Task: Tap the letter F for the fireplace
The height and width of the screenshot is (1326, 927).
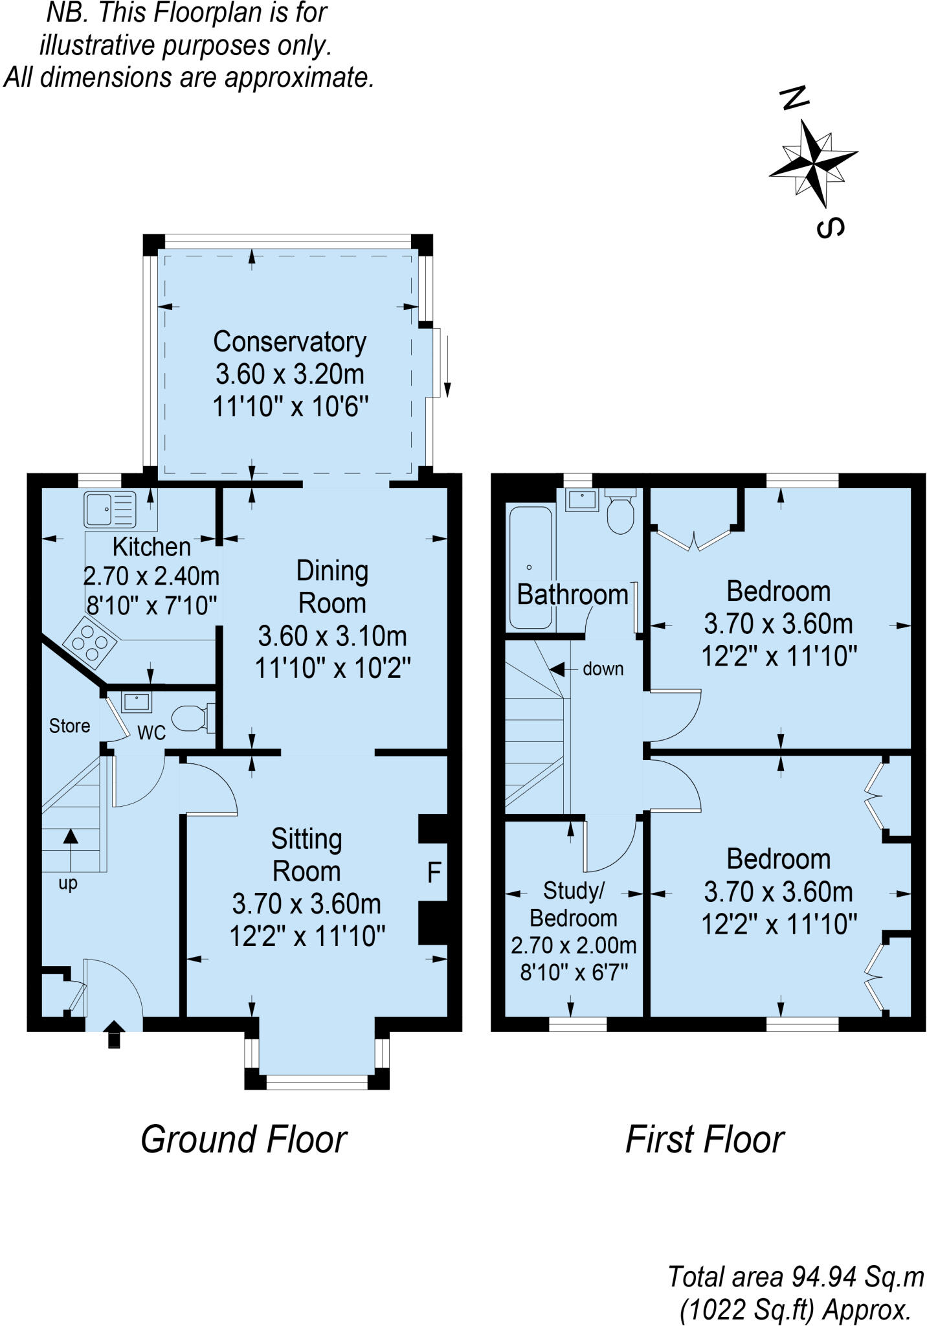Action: pos(434,873)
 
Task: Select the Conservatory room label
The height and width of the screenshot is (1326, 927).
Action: pos(289,341)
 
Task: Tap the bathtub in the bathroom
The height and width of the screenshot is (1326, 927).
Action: pos(530,568)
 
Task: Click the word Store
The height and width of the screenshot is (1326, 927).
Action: pos(69,726)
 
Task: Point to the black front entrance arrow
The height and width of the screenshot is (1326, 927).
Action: pos(114,1034)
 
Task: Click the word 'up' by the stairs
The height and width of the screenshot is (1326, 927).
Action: pos(68,884)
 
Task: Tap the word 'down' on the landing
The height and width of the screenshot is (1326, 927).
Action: pos(603,669)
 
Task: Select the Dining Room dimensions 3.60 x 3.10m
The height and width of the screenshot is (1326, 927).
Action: pos(333,636)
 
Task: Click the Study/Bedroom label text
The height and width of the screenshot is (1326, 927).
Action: pos(574,905)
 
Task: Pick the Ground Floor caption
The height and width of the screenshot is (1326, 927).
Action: pos(244,1140)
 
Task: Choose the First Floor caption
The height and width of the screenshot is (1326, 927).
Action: pos(704,1140)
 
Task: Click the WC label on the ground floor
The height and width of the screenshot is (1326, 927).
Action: pos(151,732)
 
